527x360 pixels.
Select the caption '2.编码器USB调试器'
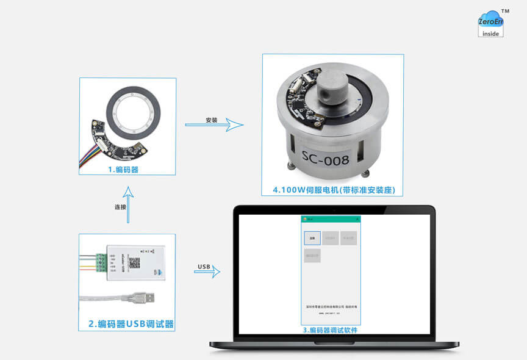pyautogui.click(x=126, y=324)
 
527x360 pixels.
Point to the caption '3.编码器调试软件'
pyautogui.click(x=330, y=330)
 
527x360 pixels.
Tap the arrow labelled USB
pyautogui.click(x=207, y=273)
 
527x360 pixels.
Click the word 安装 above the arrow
pyautogui.click(x=212, y=120)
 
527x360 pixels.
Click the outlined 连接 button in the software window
pyautogui.click(x=312, y=239)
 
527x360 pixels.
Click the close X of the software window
pyautogui.click(x=357, y=218)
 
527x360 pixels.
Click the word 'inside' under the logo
pyautogui.click(x=490, y=34)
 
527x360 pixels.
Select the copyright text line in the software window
pyautogui.click(x=330, y=306)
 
